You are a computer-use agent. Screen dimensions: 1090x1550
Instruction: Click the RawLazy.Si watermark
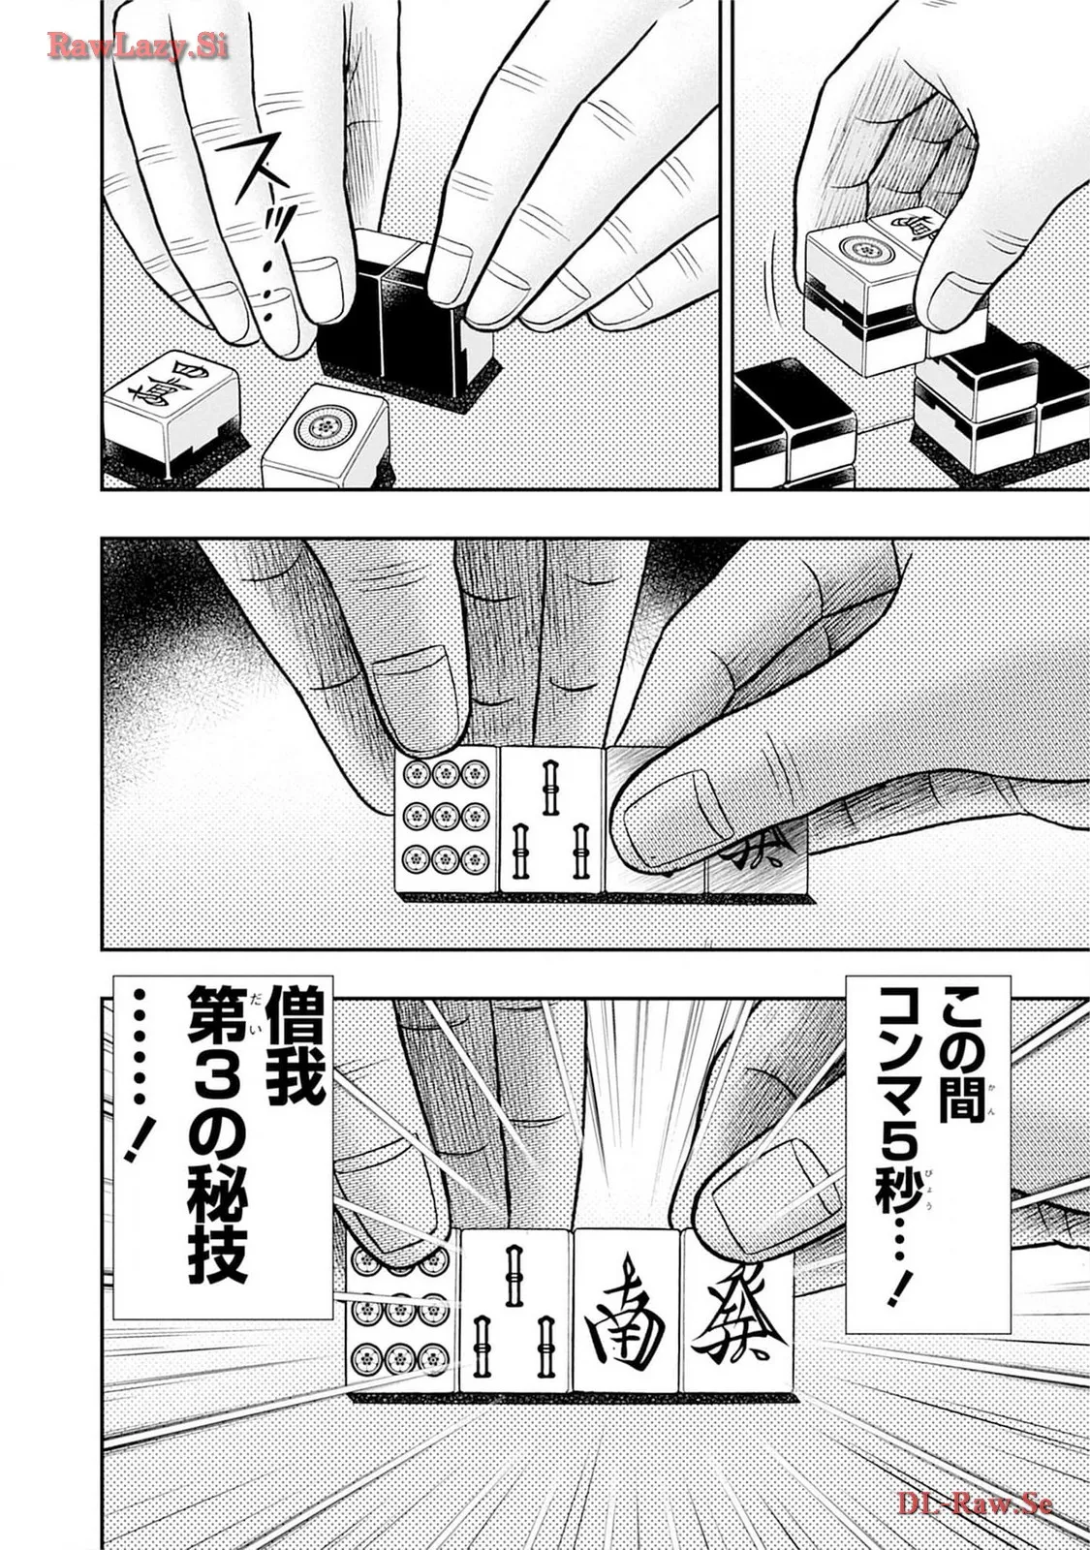pyautogui.click(x=137, y=46)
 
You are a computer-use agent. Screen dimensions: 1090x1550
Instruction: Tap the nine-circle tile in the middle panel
pyautogui.click(x=446, y=820)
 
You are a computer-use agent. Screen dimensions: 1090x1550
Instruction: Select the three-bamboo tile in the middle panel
pyautogui.click(x=551, y=820)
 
